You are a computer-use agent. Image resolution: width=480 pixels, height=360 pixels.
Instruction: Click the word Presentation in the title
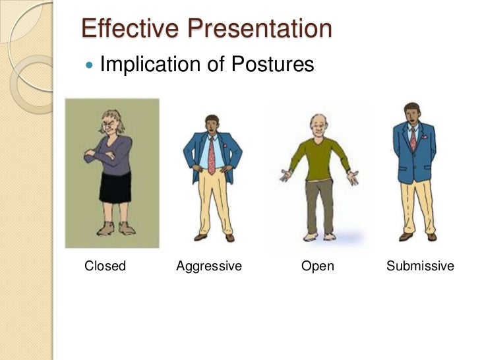(257, 29)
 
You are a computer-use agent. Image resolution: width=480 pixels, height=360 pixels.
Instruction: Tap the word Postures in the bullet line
(271, 65)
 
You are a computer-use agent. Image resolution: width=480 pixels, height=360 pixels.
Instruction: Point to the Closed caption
(105, 266)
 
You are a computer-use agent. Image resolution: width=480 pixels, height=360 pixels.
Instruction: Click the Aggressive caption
(209, 266)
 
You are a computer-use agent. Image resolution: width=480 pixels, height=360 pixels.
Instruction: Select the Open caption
(317, 266)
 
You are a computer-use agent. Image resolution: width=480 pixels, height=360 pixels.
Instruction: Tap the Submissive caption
(420, 266)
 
